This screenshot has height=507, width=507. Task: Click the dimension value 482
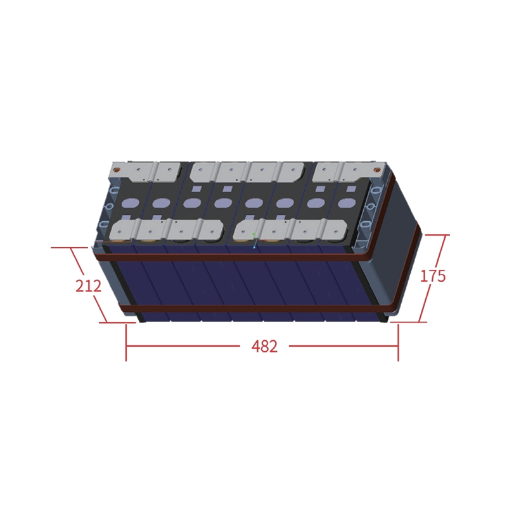coord(264,347)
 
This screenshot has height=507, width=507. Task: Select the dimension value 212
coord(88,286)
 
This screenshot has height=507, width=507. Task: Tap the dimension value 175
coord(433,276)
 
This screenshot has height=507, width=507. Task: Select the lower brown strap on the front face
coord(253,309)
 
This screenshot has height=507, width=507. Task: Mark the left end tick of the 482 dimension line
coord(126,347)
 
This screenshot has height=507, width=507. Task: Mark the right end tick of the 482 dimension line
coord(398,347)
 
